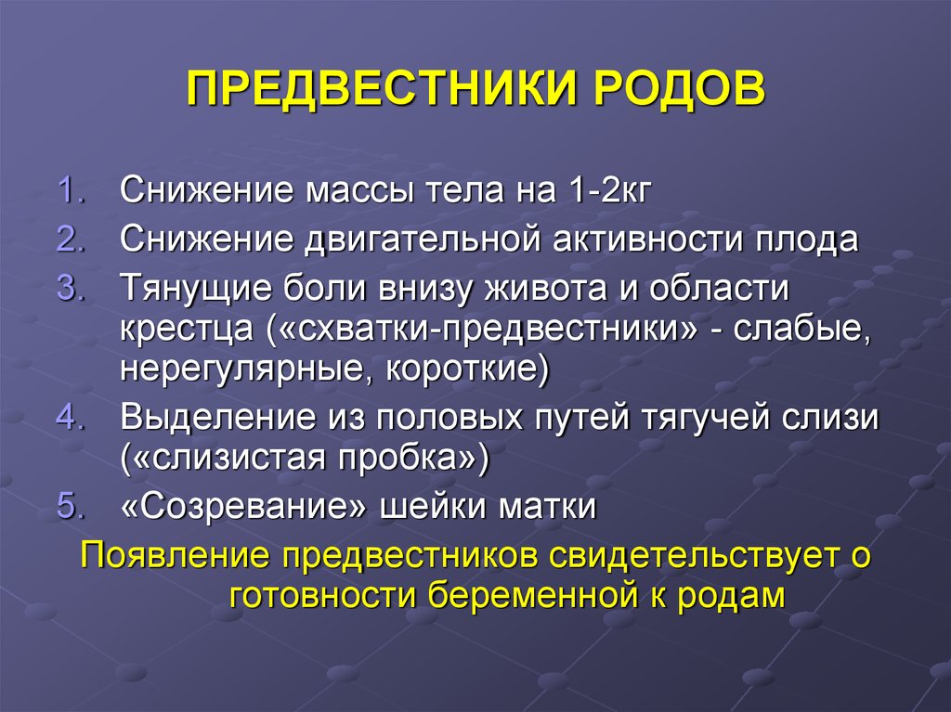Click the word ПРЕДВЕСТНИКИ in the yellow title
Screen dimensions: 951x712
(x=380, y=88)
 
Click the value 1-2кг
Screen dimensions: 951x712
(x=610, y=189)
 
